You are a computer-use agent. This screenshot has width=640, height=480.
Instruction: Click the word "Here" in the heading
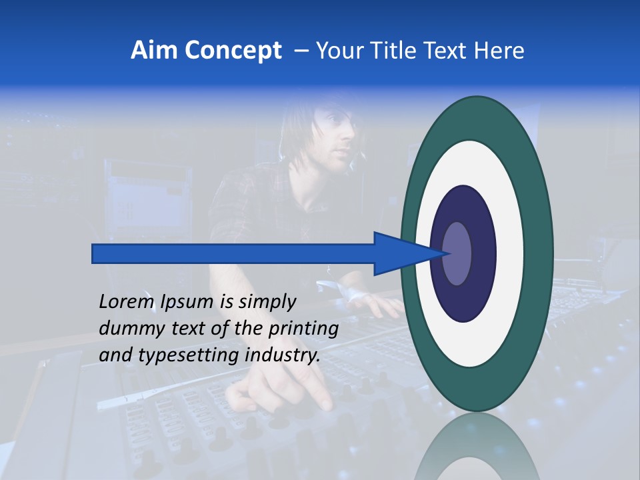[x=499, y=51]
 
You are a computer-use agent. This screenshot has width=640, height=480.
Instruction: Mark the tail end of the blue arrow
[x=93, y=254]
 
